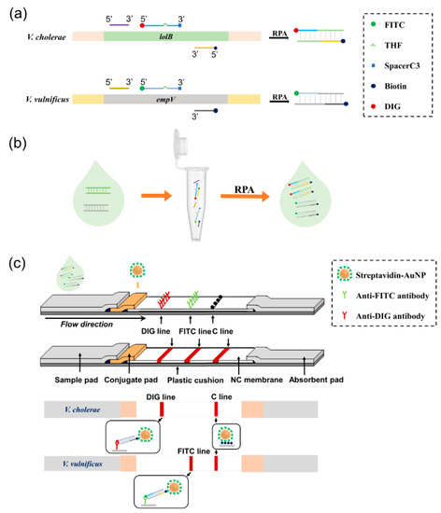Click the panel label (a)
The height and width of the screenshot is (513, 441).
point(16,9)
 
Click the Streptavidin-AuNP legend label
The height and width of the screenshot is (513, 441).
point(387,272)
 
